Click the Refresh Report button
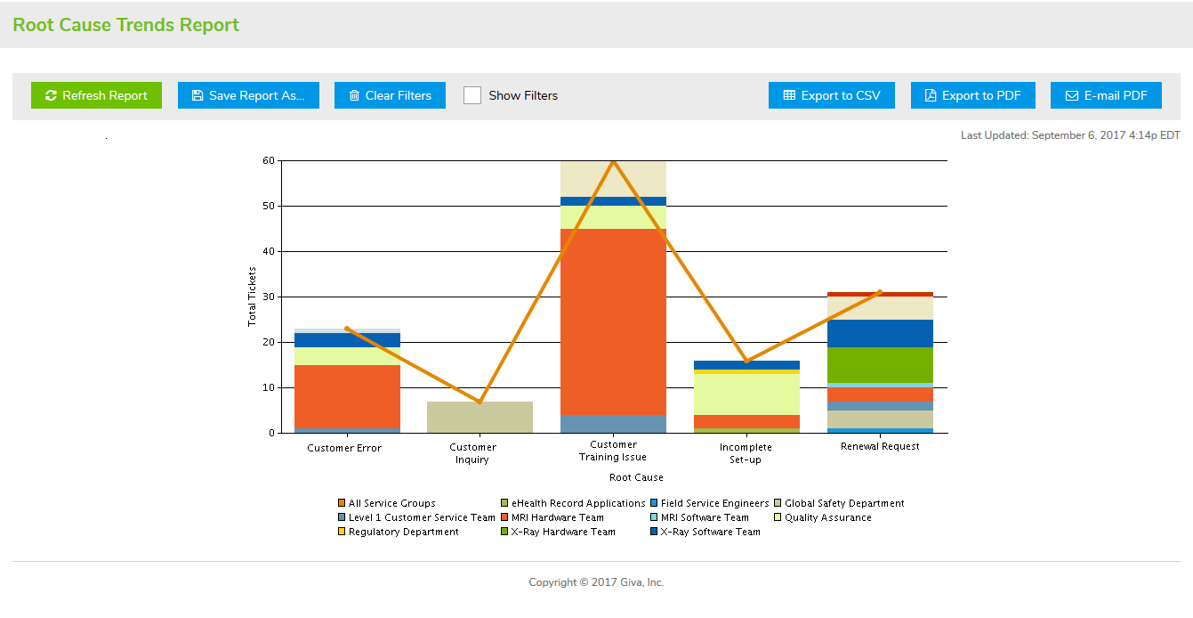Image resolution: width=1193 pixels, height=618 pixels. [96, 95]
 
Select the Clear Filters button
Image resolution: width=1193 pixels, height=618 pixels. [389, 95]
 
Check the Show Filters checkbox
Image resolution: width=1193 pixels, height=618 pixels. [472, 95]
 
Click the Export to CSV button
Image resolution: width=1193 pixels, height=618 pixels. [831, 95]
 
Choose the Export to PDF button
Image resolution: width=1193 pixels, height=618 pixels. [972, 95]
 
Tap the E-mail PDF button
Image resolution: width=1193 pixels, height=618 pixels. [1106, 95]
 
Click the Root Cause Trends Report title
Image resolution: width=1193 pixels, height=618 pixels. [125, 25]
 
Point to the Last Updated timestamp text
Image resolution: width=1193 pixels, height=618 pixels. [1070, 135]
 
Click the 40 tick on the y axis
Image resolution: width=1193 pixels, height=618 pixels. [268, 252]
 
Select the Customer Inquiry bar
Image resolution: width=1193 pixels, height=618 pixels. [480, 417]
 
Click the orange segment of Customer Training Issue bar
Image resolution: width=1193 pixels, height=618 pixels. [613, 321]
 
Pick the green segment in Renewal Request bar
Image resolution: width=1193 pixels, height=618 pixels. [880, 364]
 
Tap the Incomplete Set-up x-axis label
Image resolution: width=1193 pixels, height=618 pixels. [746, 453]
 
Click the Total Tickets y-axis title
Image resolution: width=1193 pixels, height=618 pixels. [252, 297]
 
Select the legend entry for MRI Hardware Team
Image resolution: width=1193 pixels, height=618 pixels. [557, 517]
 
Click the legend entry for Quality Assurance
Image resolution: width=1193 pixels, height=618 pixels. [827, 517]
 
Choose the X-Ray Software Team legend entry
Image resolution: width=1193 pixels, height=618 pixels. [710, 532]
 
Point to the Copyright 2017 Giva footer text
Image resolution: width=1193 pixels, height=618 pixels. [596, 582]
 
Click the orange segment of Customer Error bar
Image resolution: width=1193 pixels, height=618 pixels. [347, 396]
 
